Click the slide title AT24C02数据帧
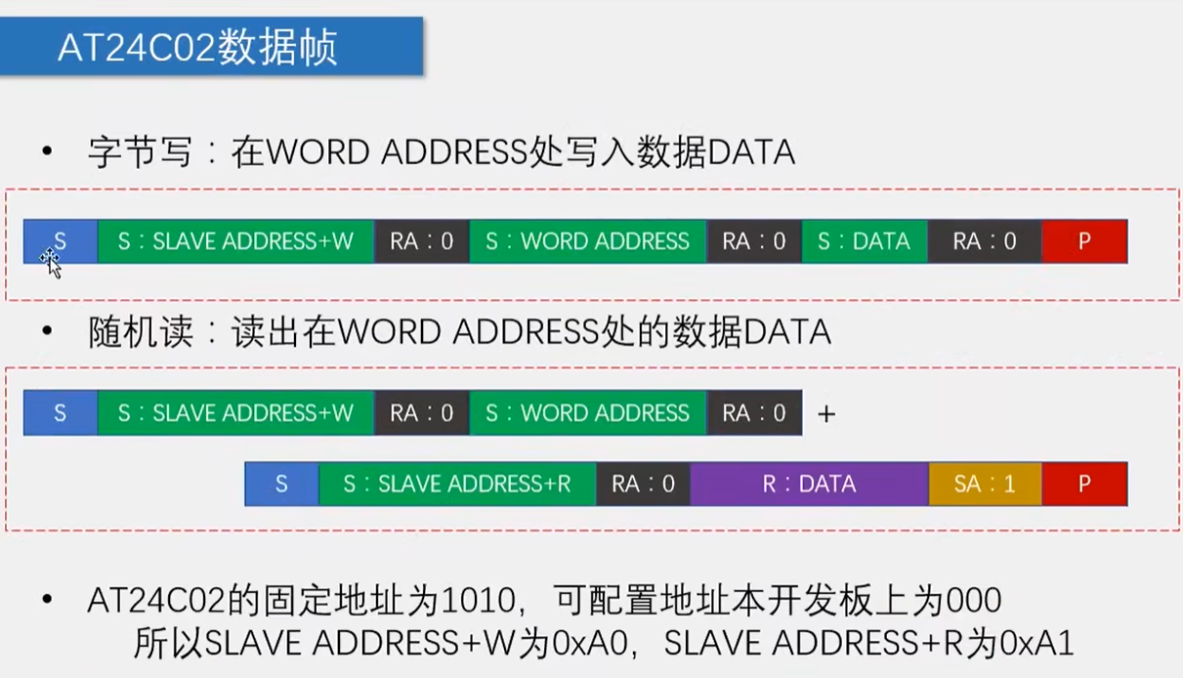[197, 46]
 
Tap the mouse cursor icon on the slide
[51, 261]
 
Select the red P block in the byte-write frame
[1084, 241]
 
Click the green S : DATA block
[864, 241]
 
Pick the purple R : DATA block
[809, 484]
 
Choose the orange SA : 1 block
[984, 484]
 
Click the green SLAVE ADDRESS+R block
[457, 484]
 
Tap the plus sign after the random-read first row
[826, 414]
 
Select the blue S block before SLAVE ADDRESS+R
[281, 484]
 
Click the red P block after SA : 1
[1084, 484]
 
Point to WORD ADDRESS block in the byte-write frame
[587, 241]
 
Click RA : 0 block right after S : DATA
[984, 241]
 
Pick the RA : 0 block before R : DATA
[643, 484]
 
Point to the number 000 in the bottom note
[974, 598]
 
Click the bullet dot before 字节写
[46, 152]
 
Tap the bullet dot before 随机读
[46, 332]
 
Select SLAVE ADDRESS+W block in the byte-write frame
[235, 241]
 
